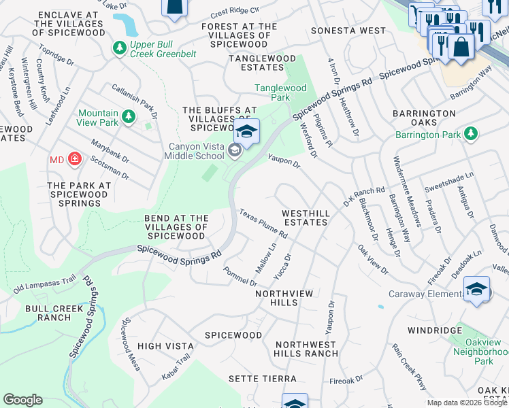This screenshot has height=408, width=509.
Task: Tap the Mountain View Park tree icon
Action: (x=127, y=118)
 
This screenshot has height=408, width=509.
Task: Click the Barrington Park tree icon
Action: (x=470, y=134)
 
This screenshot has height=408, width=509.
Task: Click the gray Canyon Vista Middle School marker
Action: (x=235, y=151)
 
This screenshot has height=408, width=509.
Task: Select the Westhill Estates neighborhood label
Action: (x=306, y=218)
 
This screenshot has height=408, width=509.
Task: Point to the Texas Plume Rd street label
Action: (x=263, y=224)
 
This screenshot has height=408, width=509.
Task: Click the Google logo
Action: (x=23, y=400)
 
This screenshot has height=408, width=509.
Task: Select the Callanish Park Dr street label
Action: (x=134, y=100)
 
